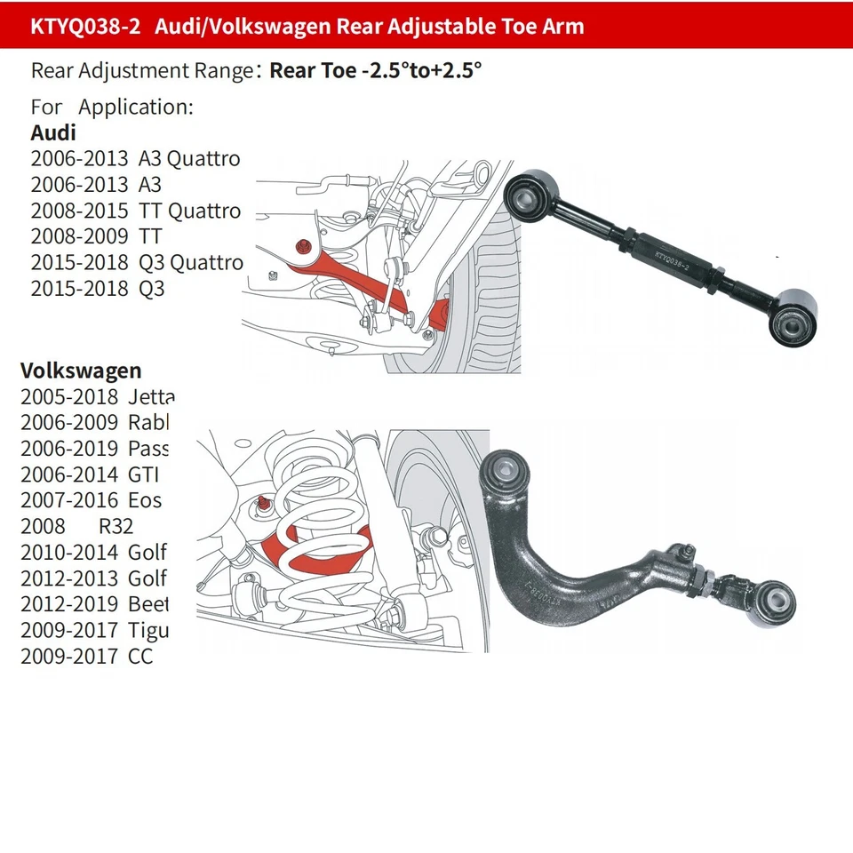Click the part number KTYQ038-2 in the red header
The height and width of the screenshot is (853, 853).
[x=84, y=26]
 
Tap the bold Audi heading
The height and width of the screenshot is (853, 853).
[x=53, y=133]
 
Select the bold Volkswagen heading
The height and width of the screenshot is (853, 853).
[x=81, y=371]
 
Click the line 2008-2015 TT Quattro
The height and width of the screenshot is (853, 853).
[x=136, y=211]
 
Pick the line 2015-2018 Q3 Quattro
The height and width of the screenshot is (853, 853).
[x=136, y=262]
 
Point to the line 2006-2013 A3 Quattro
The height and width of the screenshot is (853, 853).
[x=136, y=159]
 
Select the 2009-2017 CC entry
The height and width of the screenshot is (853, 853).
[x=86, y=658]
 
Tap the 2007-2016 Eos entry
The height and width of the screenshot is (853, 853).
[x=91, y=500]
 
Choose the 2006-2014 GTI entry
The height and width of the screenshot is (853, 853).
[x=89, y=474]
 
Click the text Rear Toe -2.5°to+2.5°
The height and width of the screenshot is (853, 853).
[x=375, y=71]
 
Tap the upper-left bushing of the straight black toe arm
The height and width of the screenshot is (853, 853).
[x=532, y=191]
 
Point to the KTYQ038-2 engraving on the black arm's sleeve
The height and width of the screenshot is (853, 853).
[x=675, y=258]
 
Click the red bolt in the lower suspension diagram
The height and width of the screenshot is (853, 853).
[x=265, y=505]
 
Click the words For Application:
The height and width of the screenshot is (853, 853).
[x=112, y=108]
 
